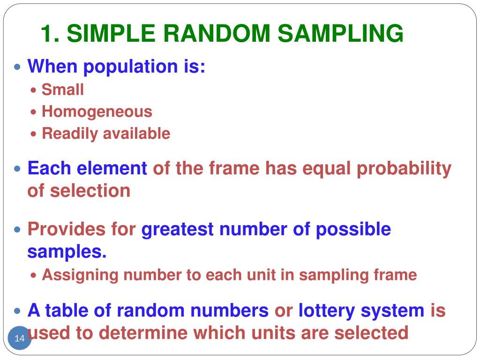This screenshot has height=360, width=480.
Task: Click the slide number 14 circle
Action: coord(20,338)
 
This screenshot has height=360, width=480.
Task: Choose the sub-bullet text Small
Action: coord(62,89)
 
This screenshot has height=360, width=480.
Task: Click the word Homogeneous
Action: coord(97,112)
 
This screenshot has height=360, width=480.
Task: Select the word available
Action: coord(136,134)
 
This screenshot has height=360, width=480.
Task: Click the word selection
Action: coord(91,191)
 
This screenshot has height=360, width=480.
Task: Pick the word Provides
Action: coord(66,230)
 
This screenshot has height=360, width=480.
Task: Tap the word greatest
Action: coord(178,230)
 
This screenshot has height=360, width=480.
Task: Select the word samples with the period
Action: coord(67,252)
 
